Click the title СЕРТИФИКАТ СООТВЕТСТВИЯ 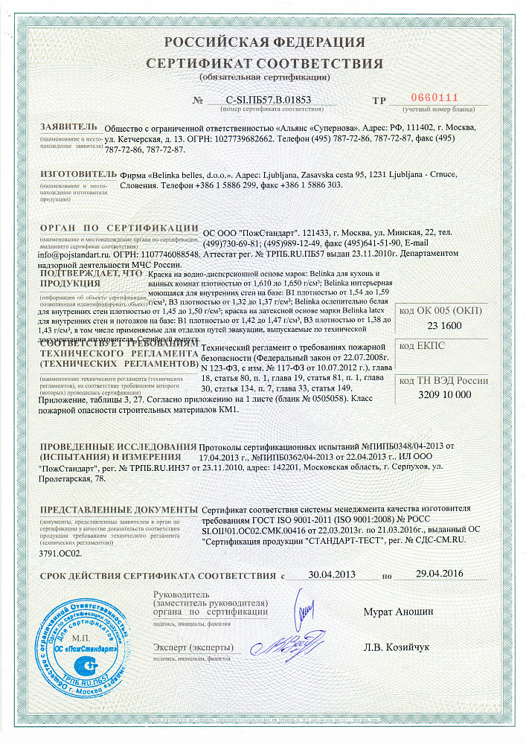264,62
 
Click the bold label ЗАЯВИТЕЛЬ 68,126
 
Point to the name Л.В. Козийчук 397,647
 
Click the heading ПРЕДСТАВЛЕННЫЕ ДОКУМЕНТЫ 119,511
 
